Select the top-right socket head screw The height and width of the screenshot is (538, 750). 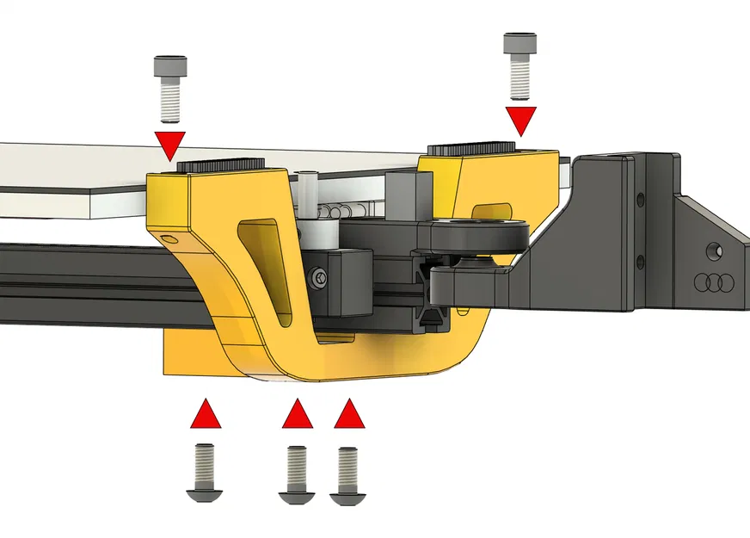pos(519,65)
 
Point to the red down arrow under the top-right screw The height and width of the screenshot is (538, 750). pos(520,119)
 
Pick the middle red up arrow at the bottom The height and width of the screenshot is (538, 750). pos(298,414)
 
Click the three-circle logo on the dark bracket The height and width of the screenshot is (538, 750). pos(710,281)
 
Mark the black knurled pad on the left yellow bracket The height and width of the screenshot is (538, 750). pos(222,166)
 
